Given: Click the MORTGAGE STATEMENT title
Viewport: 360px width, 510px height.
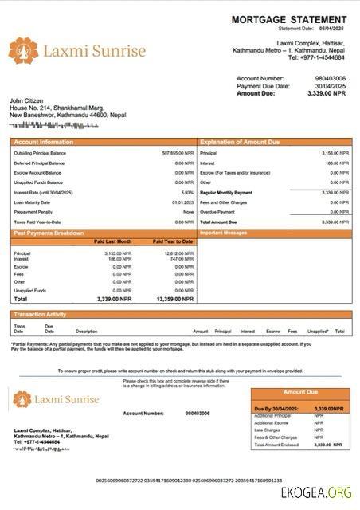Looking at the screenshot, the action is (289, 19).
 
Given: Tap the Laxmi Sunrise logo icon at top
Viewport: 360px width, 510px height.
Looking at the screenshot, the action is (23, 51).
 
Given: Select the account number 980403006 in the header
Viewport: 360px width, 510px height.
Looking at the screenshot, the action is (331, 79).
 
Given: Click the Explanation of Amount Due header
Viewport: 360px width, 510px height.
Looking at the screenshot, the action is (240, 141).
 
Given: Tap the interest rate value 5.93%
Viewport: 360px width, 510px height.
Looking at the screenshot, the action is (187, 192).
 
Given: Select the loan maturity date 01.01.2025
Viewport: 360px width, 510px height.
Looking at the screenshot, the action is (183, 202).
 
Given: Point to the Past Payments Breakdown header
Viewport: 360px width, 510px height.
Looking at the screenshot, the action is (49, 233).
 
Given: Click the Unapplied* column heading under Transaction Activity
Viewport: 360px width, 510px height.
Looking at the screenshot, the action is (318, 331).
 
